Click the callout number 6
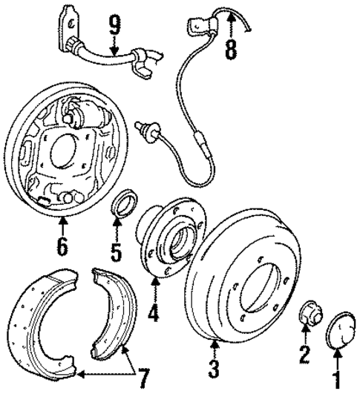(x=62, y=246)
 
